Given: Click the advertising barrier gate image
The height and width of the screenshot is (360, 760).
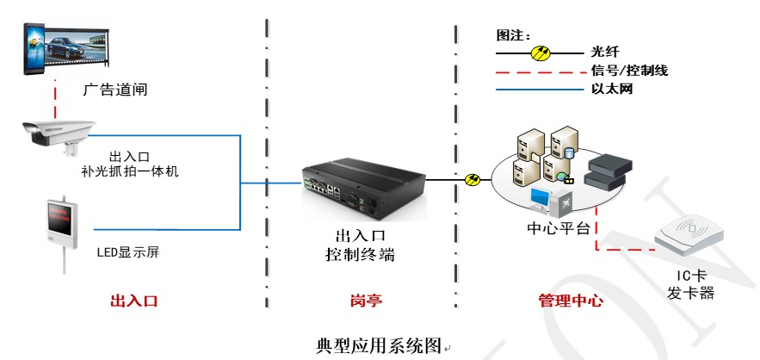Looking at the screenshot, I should coord(65,47).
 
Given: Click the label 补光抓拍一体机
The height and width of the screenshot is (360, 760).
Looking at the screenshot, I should coord(131,171).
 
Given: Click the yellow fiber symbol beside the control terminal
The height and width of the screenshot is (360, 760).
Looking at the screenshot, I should coord(473,180).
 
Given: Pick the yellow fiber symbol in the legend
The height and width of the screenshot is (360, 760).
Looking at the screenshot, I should coord(541,53).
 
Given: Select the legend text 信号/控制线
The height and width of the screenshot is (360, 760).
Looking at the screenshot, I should coord(629,71).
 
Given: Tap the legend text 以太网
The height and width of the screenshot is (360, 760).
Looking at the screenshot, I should coord(612,89).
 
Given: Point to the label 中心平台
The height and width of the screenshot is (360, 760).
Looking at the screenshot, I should coord(558,229).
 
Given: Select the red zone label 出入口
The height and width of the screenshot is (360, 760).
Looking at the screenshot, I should coord(135,301).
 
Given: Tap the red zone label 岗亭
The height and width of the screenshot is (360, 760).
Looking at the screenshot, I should coord(366,301).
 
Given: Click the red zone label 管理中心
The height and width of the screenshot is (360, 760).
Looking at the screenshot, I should coord(571,301).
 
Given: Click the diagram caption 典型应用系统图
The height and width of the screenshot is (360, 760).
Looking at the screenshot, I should coord(379,347).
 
